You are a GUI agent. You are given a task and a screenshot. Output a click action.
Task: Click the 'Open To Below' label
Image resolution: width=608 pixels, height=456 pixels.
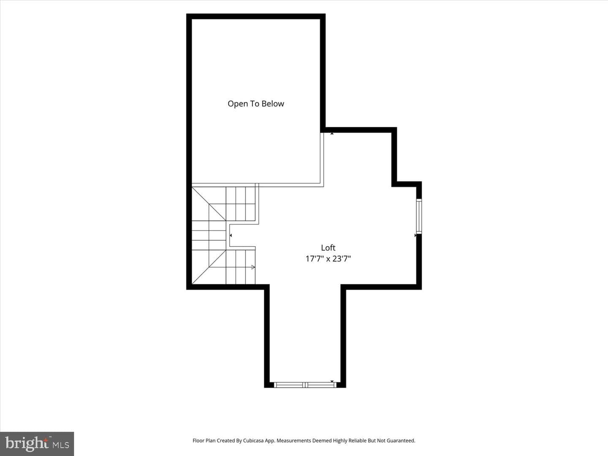click(256, 104)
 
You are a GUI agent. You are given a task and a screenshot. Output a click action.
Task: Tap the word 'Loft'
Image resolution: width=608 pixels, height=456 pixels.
click(328, 247)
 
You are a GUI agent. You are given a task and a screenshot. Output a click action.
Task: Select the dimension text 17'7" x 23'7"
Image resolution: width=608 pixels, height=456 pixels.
click(328, 258)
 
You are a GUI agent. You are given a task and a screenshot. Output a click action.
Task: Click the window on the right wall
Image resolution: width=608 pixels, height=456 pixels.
click(419, 216)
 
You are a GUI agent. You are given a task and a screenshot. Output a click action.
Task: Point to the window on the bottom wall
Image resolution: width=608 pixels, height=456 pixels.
click(305, 385)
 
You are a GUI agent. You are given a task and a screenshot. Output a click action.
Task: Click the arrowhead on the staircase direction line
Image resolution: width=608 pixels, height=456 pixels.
click(253, 267)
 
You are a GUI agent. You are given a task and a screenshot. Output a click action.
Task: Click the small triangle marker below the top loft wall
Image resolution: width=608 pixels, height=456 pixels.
click(332, 133)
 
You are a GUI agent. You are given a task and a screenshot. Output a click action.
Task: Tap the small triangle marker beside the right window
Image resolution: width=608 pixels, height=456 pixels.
click(415, 235)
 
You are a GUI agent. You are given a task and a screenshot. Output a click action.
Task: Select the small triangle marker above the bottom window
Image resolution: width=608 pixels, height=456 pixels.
click(332, 381)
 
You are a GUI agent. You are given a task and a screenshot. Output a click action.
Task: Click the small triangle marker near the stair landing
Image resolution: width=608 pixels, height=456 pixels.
click(231, 235)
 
